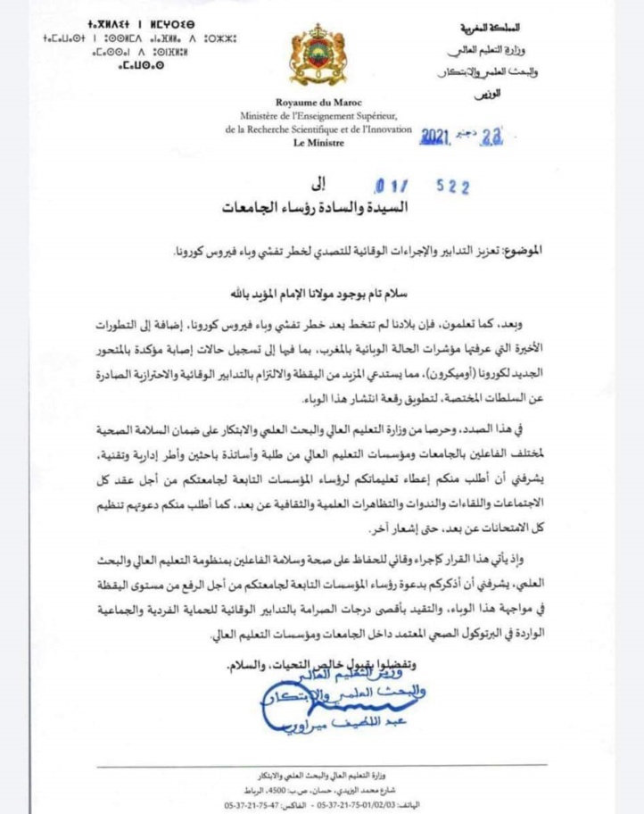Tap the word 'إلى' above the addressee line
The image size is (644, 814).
point(320,185)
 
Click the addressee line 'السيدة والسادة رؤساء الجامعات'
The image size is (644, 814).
point(320,208)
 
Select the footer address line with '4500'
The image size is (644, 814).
point(322,788)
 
